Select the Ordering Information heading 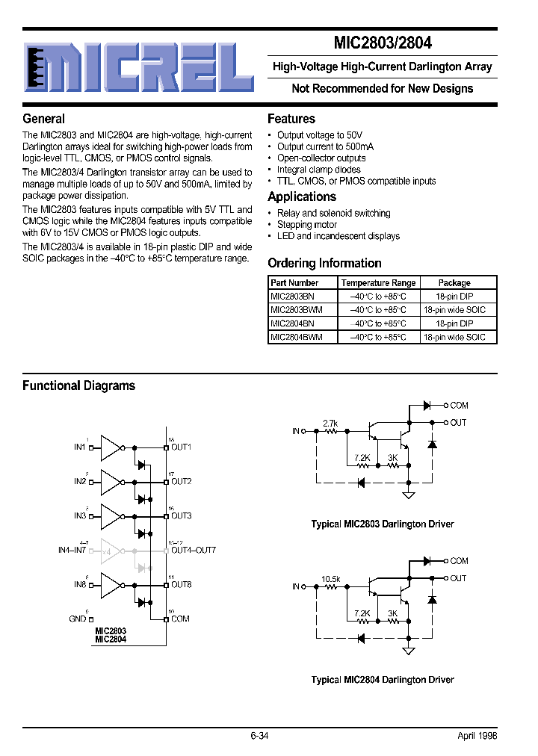324,263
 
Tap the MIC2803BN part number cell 292,296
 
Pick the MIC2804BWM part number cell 297,337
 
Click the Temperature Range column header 378,283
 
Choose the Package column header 454,283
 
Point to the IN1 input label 79,447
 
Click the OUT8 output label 182,584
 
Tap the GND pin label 78,619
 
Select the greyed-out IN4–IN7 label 72,551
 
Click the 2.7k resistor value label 330,424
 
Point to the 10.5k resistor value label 331,579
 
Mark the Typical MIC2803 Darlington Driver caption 382,524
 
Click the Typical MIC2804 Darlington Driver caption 382,680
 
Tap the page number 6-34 259,736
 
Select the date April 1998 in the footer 477,736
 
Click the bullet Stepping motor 307,225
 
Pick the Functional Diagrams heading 79,386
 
